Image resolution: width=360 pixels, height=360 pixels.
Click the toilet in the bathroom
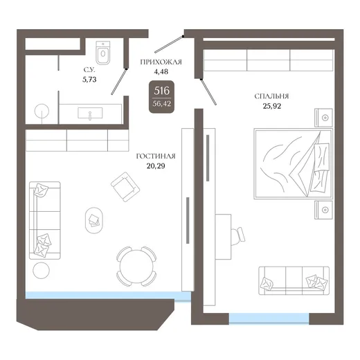(103, 53)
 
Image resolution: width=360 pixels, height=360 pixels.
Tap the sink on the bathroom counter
(90, 113)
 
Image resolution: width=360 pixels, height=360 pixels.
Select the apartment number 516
(161, 91)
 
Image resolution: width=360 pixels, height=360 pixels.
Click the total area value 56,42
(161, 104)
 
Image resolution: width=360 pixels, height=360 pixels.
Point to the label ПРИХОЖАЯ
(161, 62)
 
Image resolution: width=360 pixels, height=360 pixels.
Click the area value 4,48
(161, 72)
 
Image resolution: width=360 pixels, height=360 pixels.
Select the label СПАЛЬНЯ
(271, 96)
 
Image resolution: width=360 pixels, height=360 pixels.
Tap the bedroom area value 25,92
(272, 106)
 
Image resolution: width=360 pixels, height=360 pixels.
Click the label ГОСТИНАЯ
(156, 156)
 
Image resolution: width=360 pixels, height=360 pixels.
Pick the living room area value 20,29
(156, 166)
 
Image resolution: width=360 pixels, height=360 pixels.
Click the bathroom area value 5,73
(89, 80)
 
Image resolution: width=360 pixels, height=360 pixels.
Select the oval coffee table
(94, 220)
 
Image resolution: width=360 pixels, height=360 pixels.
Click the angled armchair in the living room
(125, 187)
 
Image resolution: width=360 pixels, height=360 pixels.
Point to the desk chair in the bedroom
(238, 237)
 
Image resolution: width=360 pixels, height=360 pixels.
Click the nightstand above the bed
(323, 118)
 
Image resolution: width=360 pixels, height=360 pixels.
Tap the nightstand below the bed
(323, 210)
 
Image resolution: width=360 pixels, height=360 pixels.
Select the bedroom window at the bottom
(269, 318)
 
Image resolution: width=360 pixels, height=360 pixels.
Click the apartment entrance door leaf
(169, 44)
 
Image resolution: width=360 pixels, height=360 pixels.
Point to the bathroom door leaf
(119, 82)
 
